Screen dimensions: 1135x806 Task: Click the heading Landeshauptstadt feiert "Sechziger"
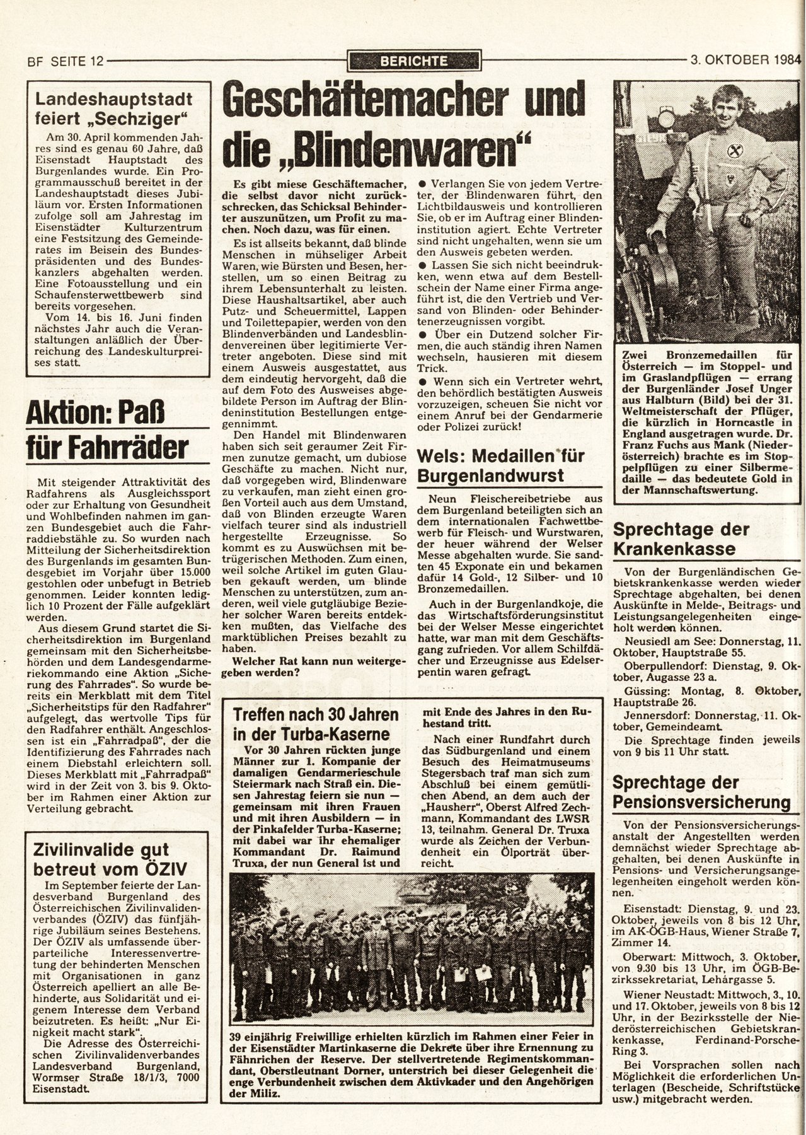point(113,108)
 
